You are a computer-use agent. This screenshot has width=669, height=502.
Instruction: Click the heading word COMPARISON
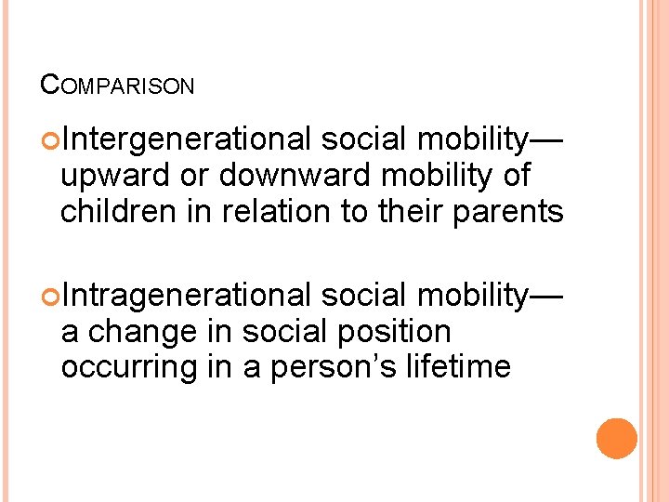pos(118,86)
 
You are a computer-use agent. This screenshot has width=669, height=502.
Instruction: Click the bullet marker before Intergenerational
pos(50,140)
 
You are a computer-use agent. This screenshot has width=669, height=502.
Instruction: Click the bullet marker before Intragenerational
pos(50,297)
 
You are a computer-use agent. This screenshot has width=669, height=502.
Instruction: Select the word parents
pos(507,211)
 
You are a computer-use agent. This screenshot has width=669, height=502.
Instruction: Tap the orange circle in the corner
pos(616,439)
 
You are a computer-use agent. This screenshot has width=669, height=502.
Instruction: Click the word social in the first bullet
pos(365,139)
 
